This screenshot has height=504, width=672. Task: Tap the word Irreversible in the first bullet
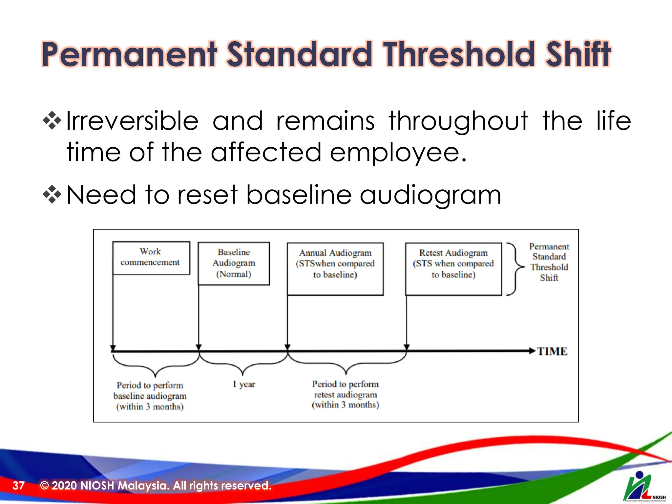pos(132,121)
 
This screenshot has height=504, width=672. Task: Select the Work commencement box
pos(151,258)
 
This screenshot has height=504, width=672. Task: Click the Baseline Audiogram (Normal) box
pos(234,263)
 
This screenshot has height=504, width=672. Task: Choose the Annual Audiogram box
pos(335,269)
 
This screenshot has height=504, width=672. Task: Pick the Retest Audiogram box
pos(453,269)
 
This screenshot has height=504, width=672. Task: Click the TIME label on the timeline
pos(552,351)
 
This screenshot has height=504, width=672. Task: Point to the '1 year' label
pos(244,384)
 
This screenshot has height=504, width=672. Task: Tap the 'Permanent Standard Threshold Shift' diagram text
pos(549,262)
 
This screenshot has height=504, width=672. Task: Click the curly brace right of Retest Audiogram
pos(514,269)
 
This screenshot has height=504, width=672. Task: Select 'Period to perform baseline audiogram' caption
pos(150,396)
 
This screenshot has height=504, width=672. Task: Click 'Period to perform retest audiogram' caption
pos(345,394)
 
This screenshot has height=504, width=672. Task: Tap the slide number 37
pos(18,485)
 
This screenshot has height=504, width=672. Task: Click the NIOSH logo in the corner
pos(643,487)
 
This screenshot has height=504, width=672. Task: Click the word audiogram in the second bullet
pos(430,195)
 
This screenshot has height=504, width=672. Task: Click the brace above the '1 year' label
pos(243,364)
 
